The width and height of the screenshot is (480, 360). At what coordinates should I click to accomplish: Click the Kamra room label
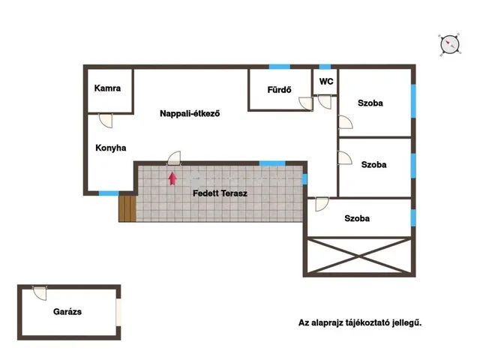click(107, 88)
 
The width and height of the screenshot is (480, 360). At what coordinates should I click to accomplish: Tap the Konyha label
click(111, 148)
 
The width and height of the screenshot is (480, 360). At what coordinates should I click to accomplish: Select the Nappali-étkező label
click(190, 113)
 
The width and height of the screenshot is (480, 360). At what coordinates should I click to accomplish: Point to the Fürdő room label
click(279, 90)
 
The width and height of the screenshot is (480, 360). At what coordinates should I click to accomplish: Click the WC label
click(326, 82)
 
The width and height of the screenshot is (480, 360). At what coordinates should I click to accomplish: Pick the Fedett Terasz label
click(220, 193)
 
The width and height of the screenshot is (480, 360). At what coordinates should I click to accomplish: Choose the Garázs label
click(67, 312)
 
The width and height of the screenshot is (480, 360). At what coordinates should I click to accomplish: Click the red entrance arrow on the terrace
click(172, 178)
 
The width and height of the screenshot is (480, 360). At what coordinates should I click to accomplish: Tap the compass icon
click(450, 45)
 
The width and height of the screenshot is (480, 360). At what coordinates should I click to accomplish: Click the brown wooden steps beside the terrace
click(127, 208)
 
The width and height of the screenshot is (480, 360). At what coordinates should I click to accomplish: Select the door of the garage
click(40, 293)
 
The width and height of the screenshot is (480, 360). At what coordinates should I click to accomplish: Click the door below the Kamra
click(106, 121)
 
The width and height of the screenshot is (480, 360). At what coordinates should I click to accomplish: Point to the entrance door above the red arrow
click(174, 158)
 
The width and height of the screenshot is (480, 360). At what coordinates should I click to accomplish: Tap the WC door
click(325, 102)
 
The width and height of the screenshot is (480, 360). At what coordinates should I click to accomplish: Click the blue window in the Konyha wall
click(109, 193)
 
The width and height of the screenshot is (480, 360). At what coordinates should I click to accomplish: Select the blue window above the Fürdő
click(280, 67)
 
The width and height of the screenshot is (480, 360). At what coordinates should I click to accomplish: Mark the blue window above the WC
click(325, 67)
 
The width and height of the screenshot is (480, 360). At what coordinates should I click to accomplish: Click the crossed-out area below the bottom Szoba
click(359, 256)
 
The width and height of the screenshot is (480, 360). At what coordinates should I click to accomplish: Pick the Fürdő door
click(306, 103)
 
